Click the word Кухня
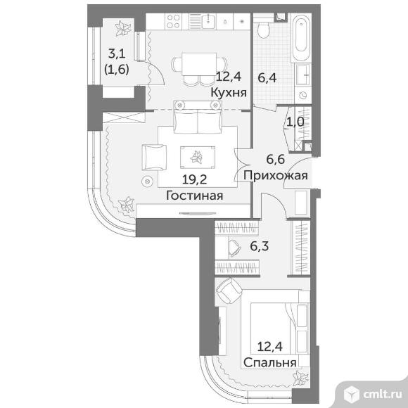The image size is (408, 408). point(229,92)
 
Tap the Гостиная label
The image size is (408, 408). point(195,196)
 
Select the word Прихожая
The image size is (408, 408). point(276,176)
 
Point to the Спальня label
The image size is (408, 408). point(270,362)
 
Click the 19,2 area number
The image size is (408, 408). point(195,179)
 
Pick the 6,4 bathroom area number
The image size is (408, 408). point(267,78)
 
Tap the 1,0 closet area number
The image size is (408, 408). point(295,122)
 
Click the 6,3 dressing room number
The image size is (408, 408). point(260,246)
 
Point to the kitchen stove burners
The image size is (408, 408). point(173,21)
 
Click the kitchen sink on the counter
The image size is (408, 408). point(208,21)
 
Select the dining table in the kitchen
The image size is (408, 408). point(199,64)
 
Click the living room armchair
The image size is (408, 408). point(154,158)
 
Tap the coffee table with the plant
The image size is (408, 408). point(198,158)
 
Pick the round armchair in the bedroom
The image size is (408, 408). point(230,291)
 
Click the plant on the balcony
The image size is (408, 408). point(123,28)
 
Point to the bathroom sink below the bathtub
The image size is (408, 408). point(303,75)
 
